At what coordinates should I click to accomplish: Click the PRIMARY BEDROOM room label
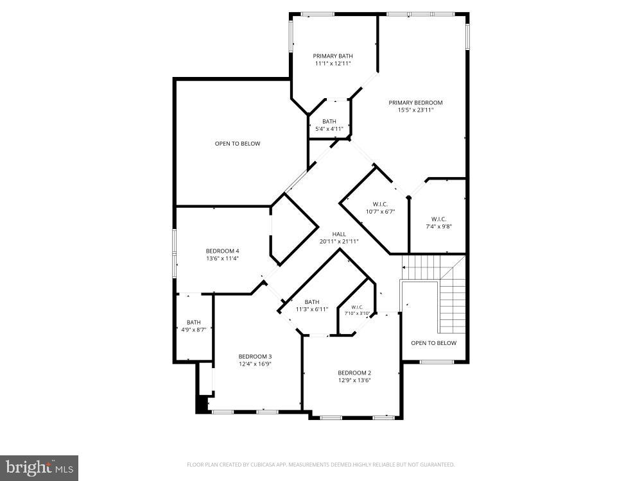pos(415,103)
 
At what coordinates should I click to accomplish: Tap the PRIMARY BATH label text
pos(333,56)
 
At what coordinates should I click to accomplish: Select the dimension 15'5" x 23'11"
pos(415,110)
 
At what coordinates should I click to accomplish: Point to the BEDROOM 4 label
pos(222,251)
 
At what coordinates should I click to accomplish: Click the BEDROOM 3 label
pos(255,357)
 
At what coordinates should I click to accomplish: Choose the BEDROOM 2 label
pos(354,373)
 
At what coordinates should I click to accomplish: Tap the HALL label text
pos(339,234)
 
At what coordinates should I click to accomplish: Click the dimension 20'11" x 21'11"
pos(339,242)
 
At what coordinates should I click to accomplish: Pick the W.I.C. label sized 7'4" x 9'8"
pos(438,219)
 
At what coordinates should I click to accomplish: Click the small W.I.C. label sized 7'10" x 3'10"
pos(358,307)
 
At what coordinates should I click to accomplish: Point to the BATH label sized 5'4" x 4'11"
pos(329,121)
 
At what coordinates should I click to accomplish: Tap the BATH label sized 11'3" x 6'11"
pos(312,302)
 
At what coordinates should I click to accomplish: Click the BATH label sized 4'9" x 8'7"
pos(193,322)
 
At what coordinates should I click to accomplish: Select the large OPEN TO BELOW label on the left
pos(238,144)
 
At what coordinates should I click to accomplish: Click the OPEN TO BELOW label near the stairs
pos(433,343)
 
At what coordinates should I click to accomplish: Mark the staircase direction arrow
pos(404,267)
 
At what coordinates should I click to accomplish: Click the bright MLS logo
pos(39,468)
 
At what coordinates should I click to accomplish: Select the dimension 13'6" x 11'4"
pos(222,258)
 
